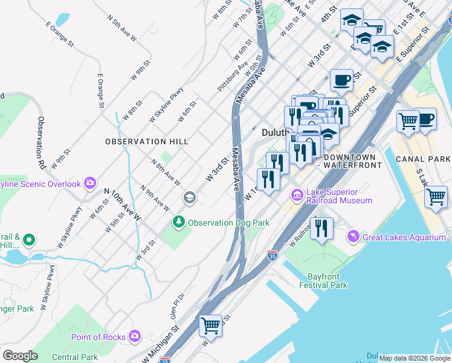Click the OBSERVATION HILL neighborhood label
pos(147,141)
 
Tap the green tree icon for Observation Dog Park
pos(178,223)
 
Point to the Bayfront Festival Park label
pos(324,280)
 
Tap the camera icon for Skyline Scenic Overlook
pos(91,183)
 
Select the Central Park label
pos(75,357)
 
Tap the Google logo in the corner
pos(20,356)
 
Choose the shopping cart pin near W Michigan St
pos(211,325)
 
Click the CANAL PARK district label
pos(422,159)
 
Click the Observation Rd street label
pos(41,142)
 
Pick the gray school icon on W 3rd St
pos(189,198)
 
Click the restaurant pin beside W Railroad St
pos(321,229)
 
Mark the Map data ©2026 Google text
pos(415,358)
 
